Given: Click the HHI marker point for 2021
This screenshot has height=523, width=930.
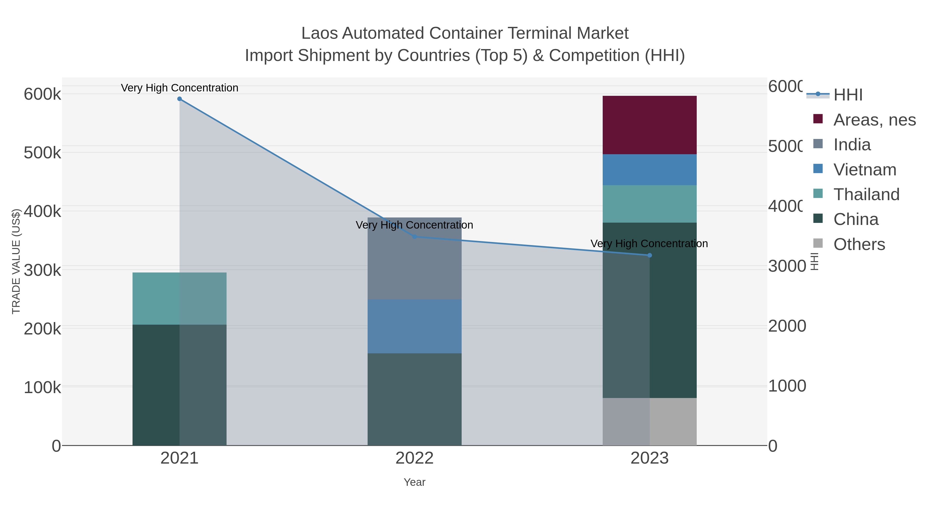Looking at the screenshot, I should [x=180, y=99].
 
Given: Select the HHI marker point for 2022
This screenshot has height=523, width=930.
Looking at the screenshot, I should [x=414, y=237].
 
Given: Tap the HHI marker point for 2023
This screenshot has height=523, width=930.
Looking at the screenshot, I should [x=649, y=255].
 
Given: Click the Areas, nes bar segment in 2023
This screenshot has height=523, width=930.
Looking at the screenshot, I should [x=649, y=125].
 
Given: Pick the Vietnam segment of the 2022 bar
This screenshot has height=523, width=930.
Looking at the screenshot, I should [x=414, y=326].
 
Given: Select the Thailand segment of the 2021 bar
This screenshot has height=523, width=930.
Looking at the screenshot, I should [x=180, y=299].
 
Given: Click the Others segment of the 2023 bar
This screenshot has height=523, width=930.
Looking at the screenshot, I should [x=649, y=421].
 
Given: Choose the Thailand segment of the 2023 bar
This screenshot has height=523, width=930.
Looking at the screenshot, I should [x=649, y=204].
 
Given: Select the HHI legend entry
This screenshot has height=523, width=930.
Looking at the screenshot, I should [x=848, y=95].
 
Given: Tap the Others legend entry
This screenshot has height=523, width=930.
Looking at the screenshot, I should [x=859, y=244].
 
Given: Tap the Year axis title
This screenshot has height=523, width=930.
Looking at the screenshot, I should [x=414, y=482].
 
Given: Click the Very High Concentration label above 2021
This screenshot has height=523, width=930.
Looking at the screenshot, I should [x=180, y=88].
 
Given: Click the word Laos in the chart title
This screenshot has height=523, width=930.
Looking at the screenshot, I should [x=319, y=33].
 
